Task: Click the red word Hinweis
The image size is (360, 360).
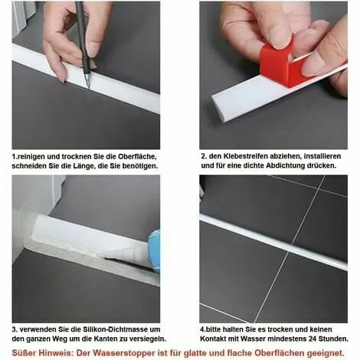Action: click(56, 353)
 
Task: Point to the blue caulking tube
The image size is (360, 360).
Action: click(155, 250)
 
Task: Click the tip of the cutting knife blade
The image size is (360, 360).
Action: click(89, 88)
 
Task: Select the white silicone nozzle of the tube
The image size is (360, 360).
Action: click(124, 254)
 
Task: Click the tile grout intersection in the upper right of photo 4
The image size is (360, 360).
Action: click(317, 189)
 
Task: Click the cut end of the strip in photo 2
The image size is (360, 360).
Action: click(214, 102)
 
